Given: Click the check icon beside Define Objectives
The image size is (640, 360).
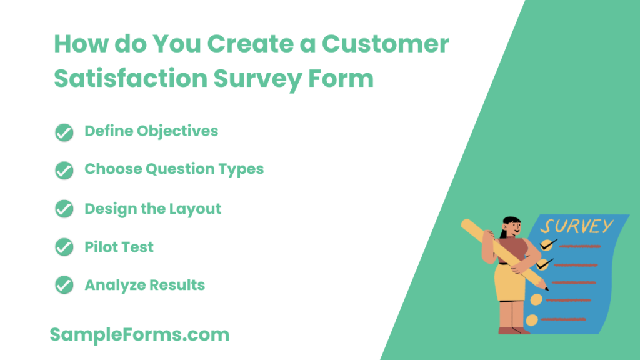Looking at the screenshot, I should click(64, 132).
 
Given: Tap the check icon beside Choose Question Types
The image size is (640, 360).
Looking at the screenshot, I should click(64, 170).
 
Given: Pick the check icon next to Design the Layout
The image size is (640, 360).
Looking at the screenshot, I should click(64, 209).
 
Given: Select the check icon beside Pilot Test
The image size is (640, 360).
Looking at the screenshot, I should click(64, 247).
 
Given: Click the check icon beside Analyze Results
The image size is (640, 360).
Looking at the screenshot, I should click(64, 286).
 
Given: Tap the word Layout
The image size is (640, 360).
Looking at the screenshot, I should click(194, 208).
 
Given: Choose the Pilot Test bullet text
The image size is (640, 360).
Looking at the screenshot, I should click(119, 247).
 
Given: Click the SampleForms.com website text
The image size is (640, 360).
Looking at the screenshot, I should click(139, 334).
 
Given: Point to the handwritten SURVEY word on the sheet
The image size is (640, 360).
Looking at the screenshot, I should click(577, 226).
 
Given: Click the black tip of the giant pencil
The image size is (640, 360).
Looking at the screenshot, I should click(546, 288).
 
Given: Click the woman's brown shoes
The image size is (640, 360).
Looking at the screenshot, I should click(512, 331).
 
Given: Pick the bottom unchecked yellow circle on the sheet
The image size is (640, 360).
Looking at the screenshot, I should click(532, 321).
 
